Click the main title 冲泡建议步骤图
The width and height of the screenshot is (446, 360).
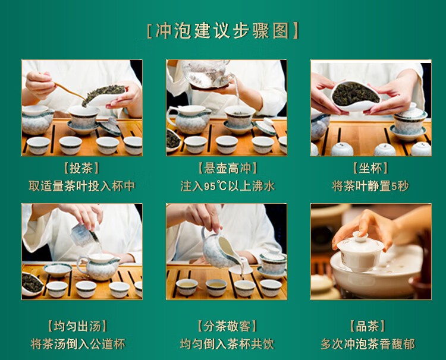click(x=222, y=31)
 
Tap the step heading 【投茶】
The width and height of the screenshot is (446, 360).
click(x=81, y=169)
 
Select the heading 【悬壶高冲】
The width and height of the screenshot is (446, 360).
click(x=228, y=168)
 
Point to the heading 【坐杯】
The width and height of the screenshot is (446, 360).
click(x=370, y=168)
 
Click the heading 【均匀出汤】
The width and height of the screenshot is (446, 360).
click(x=77, y=326)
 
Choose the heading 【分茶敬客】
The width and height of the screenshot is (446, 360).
click(x=227, y=326)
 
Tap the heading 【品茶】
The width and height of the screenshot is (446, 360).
click(x=368, y=326)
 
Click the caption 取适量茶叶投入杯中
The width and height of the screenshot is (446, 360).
click(x=81, y=187)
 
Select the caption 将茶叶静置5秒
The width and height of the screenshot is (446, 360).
click(x=370, y=187)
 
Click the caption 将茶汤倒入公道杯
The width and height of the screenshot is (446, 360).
click(x=78, y=344)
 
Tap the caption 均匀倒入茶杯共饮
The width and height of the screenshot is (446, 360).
click(x=227, y=344)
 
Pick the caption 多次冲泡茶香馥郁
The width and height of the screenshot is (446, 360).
click(x=368, y=344)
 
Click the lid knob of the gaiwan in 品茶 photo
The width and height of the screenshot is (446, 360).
click(x=360, y=236)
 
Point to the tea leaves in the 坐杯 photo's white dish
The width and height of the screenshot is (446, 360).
click(x=356, y=93)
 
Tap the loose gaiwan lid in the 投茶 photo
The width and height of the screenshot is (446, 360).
click(x=109, y=127)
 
